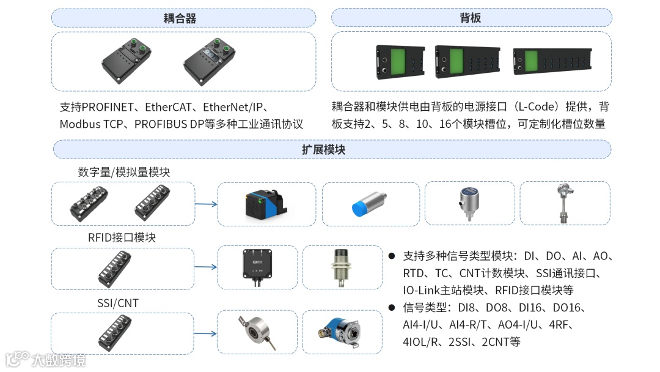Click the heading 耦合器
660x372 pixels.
[x=180, y=18]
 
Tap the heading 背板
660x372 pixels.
[x=470, y=18]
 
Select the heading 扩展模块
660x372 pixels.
[x=323, y=149]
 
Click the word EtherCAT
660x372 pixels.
[x=169, y=107]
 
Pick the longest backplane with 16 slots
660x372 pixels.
[x=552, y=61]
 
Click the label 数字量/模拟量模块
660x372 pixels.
[x=123, y=172]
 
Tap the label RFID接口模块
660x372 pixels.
[x=122, y=237]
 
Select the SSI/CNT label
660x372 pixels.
[x=118, y=303]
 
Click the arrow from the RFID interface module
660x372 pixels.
[x=206, y=267]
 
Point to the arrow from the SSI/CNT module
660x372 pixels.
[x=206, y=333]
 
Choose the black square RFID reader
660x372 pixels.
[x=257, y=267]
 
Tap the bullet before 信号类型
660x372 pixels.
[x=392, y=308]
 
